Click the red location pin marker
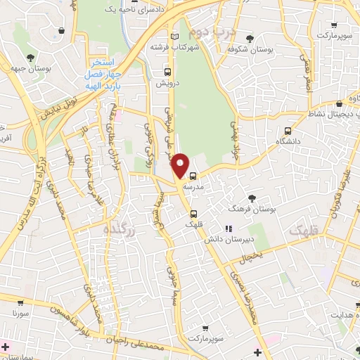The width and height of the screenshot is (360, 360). [181, 165]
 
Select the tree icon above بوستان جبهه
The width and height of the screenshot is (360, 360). [30, 58]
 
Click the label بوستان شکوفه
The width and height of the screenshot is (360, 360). [250, 50]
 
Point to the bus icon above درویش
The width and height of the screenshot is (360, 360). [167, 72]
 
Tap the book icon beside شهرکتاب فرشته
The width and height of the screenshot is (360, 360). [176, 37]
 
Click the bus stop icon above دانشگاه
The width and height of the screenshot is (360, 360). [288, 131]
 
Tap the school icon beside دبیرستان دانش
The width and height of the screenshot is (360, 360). [227, 229]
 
